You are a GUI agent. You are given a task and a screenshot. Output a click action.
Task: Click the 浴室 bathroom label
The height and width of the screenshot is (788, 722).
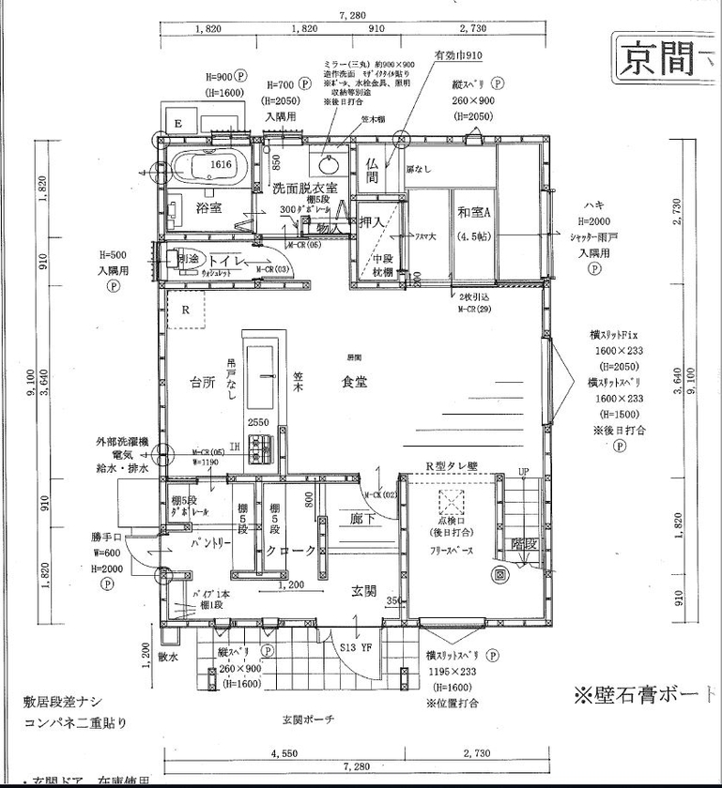click(208, 207)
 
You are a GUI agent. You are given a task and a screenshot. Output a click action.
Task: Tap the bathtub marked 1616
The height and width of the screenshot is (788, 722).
click(211, 168)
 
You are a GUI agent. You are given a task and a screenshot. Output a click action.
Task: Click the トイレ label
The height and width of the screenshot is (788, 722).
click(227, 260)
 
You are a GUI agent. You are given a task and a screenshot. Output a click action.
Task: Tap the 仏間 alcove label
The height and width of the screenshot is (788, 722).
click(372, 170)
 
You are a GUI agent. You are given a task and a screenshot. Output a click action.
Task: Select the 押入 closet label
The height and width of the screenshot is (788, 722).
click(372, 221)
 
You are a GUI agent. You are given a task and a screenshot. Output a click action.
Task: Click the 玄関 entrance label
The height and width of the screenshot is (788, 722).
click(364, 591)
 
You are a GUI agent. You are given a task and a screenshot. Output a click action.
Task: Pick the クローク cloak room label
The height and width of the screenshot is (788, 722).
click(290, 552)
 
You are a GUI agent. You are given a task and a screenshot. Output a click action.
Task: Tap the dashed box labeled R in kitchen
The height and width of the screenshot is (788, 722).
click(188, 309)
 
